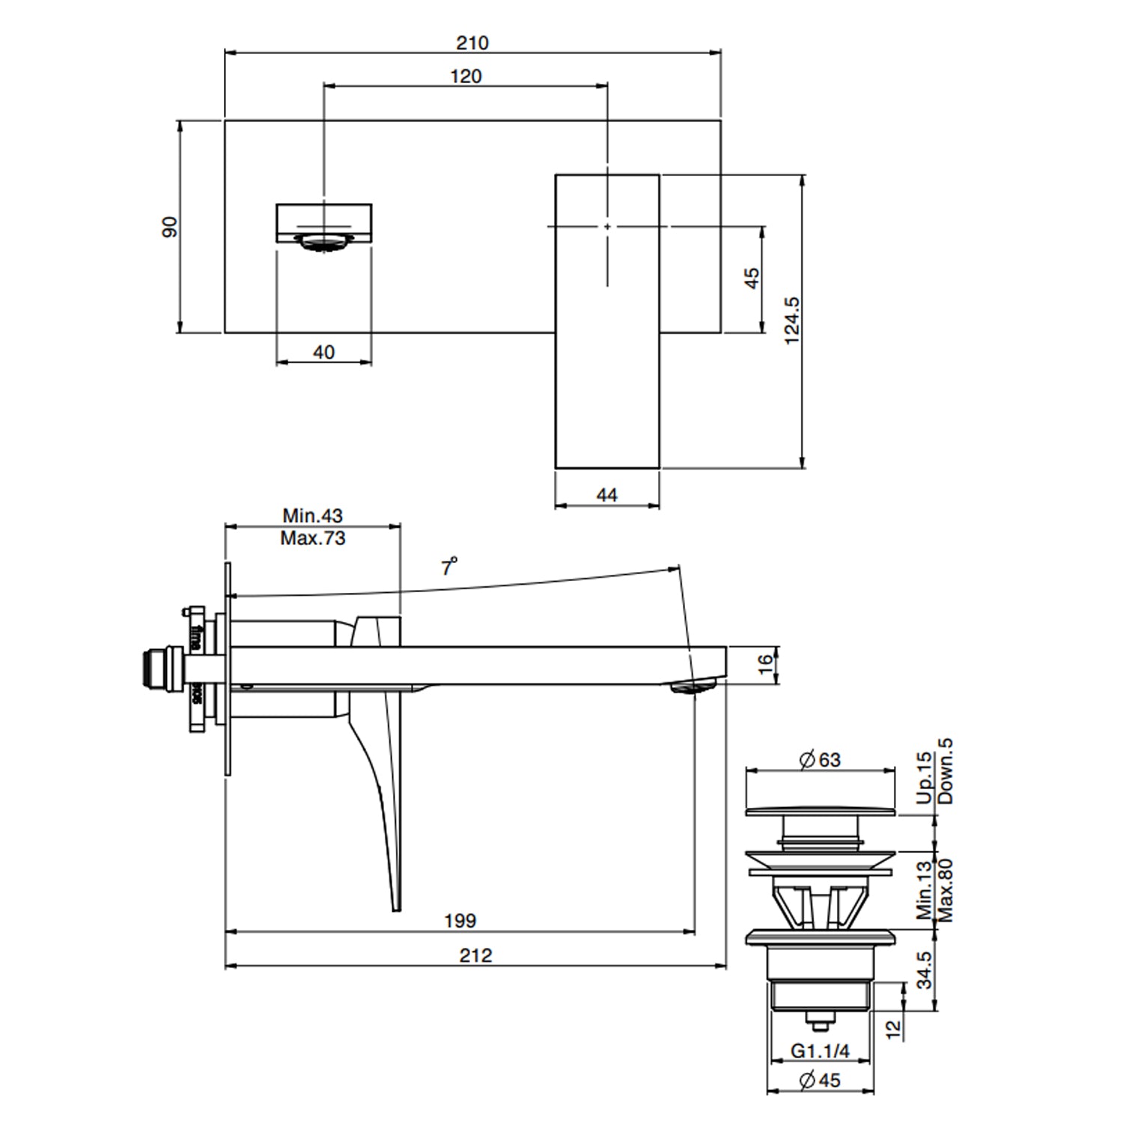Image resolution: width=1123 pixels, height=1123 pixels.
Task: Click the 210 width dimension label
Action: (x=472, y=43)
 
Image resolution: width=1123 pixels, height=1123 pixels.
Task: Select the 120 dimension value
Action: (x=466, y=76)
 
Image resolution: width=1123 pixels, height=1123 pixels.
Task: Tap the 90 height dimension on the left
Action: (x=171, y=226)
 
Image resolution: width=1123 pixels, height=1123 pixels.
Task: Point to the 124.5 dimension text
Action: (x=792, y=321)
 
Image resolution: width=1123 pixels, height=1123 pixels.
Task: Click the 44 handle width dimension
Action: (x=607, y=495)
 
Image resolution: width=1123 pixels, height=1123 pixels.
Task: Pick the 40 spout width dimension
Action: (x=323, y=352)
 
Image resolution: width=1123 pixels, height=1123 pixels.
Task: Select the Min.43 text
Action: (x=312, y=516)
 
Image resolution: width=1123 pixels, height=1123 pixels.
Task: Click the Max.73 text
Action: (x=312, y=538)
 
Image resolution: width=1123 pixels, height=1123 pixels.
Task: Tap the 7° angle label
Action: (x=448, y=567)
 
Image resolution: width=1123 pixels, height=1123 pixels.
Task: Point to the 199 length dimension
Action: (x=460, y=920)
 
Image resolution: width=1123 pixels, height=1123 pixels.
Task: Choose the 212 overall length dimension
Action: (x=475, y=955)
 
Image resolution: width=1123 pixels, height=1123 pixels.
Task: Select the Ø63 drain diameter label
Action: (x=820, y=760)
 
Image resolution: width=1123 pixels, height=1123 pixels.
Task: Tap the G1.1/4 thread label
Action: (x=820, y=1051)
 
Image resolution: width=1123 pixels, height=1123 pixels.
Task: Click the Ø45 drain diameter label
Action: (x=820, y=1080)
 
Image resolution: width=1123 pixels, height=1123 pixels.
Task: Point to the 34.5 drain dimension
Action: (x=925, y=970)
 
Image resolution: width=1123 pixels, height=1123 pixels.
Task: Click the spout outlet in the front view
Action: (x=324, y=241)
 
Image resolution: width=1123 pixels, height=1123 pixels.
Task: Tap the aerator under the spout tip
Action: (x=693, y=687)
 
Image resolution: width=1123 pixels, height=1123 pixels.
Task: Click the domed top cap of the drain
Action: (x=821, y=809)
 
